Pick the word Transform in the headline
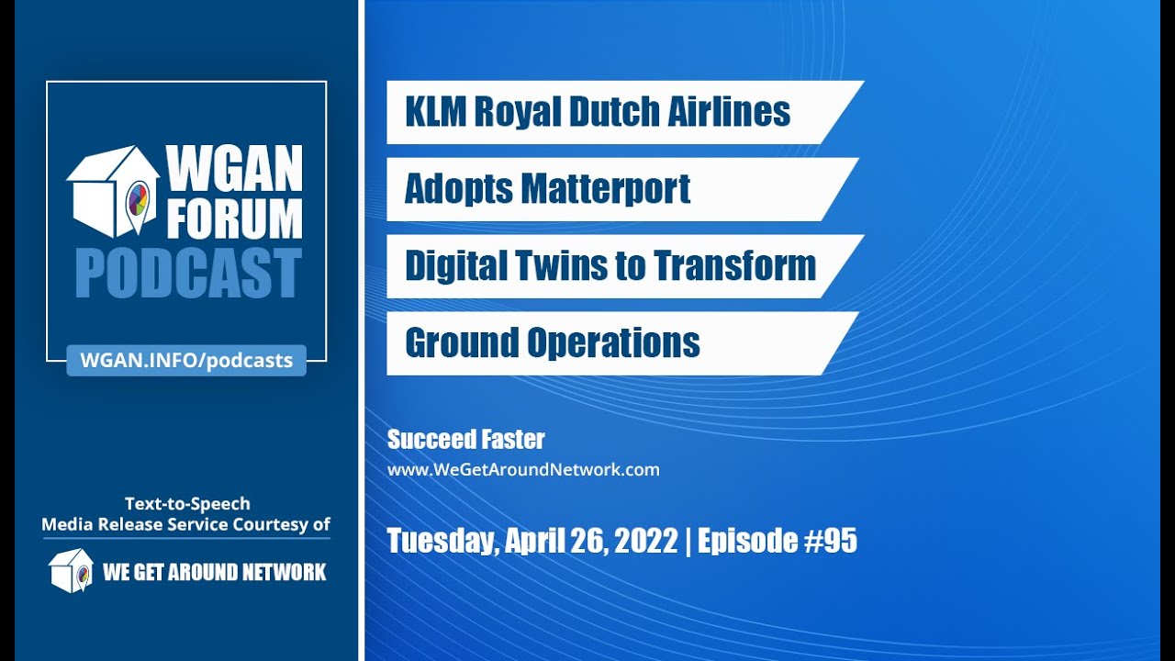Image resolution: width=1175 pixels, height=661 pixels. pos(734,266)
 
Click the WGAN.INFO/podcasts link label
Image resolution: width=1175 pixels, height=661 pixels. pos(186,360)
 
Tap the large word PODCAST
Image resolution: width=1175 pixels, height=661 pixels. pos(188,274)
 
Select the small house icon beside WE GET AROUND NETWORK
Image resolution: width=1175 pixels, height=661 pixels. pos(71,570)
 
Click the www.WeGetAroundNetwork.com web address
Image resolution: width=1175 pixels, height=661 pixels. pos(523,470)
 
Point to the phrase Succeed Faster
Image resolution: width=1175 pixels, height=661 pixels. pos(466,440)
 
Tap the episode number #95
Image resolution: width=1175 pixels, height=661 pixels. pos(829,541)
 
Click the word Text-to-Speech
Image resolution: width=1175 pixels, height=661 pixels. pos(187,503)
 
